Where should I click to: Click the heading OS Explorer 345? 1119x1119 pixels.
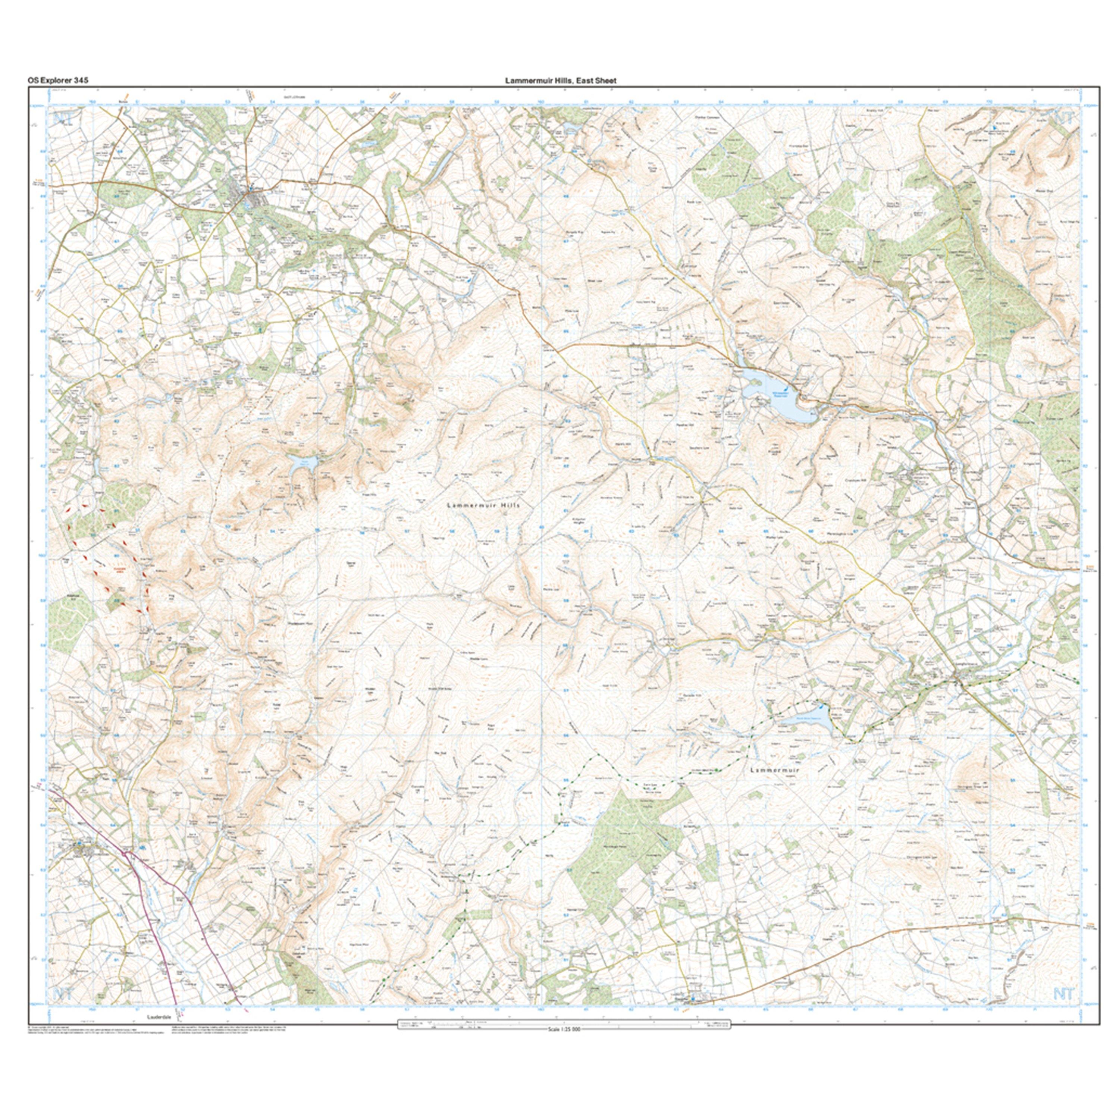pos(57,81)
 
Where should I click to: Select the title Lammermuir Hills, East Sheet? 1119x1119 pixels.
pos(560,81)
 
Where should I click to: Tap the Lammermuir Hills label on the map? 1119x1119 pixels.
pos(484,505)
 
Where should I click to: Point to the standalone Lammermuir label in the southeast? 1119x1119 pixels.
pos(774,770)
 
